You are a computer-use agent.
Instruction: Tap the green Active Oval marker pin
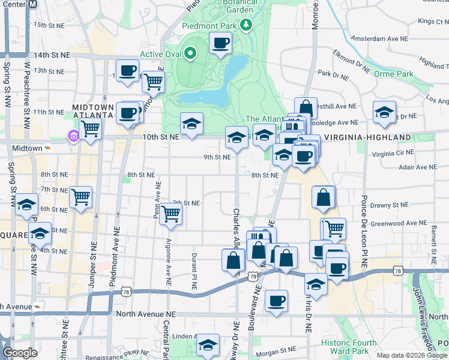[x=190, y=54]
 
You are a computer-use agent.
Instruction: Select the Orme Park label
[x=393, y=74]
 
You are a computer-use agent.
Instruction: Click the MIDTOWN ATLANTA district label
[x=93, y=110]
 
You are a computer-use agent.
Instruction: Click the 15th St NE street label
[x=49, y=25]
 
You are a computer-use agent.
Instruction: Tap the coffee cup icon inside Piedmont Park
[x=220, y=43]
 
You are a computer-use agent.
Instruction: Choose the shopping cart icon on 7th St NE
[x=171, y=213]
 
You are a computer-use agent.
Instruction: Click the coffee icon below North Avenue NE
[x=276, y=301]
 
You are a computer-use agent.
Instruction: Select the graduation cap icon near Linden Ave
[x=208, y=344]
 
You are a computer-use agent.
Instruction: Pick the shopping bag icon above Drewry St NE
[x=324, y=197]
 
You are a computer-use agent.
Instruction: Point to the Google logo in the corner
[x=20, y=353]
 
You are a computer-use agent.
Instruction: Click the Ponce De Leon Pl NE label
[x=364, y=230]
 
